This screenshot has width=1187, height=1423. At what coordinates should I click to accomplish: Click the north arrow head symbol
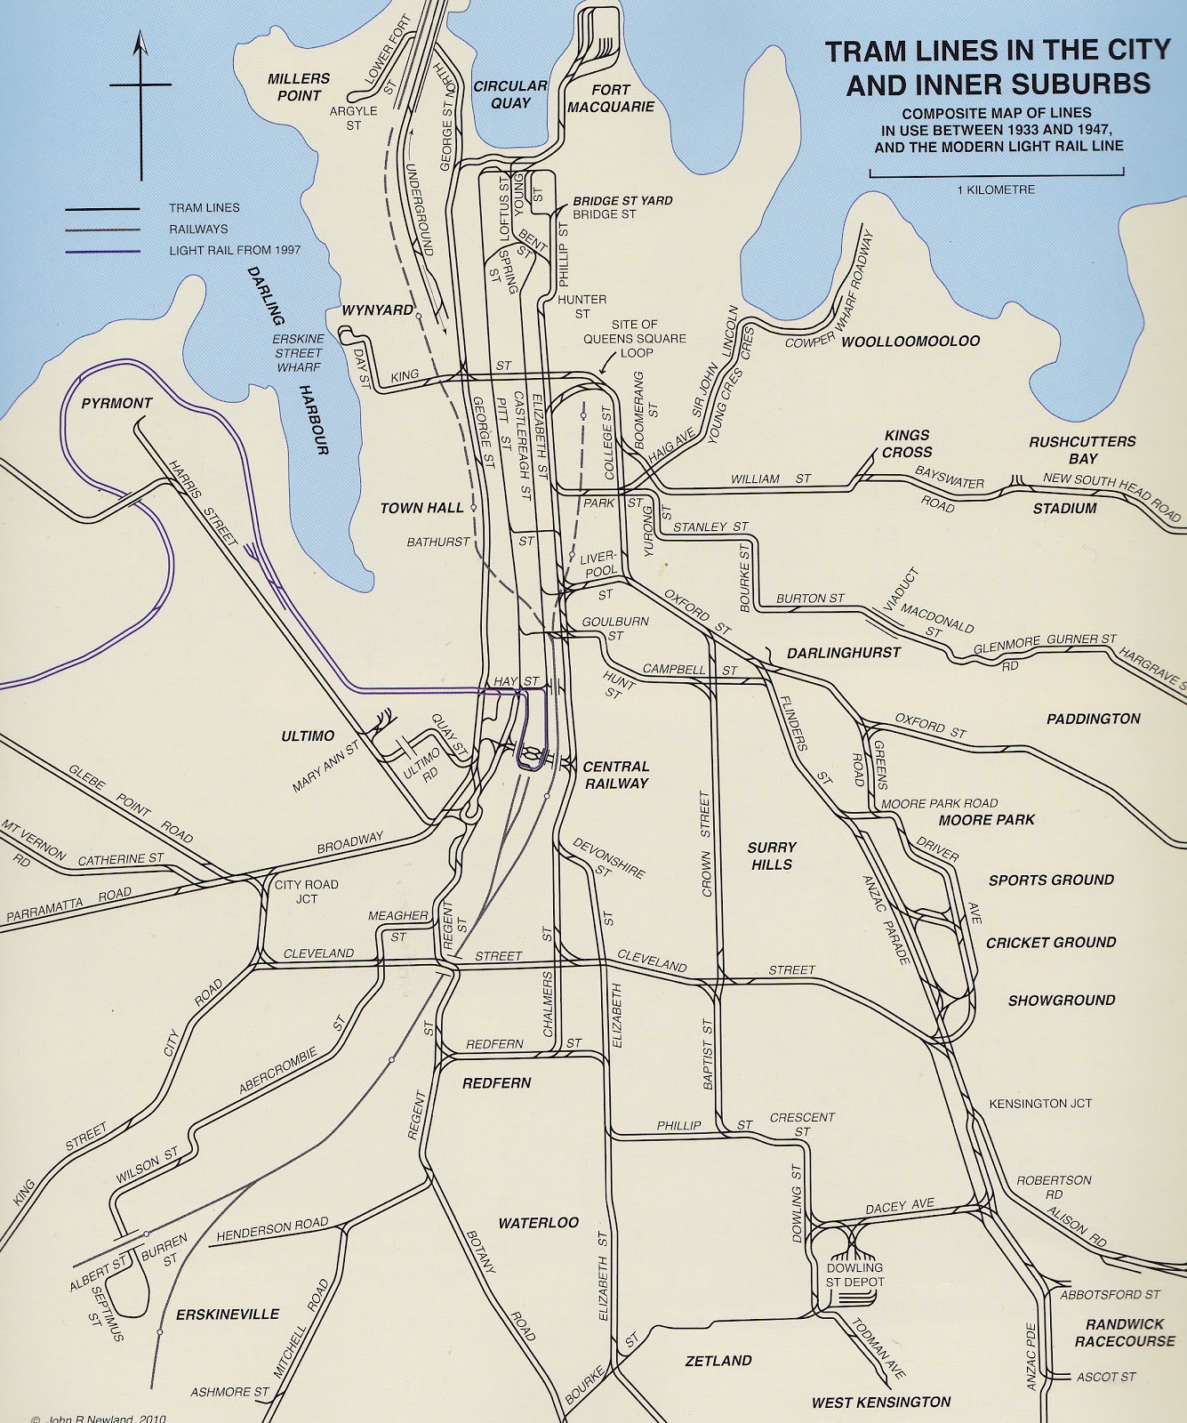click(140, 42)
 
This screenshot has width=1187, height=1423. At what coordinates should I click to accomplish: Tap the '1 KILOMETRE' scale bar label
click(996, 189)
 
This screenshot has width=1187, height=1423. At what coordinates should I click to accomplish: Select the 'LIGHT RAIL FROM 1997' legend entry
click(235, 251)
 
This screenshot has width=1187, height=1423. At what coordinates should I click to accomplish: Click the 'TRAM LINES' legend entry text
click(205, 208)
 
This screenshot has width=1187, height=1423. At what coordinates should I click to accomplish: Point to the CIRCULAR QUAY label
click(509, 94)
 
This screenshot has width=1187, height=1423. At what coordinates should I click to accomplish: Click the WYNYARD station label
click(378, 310)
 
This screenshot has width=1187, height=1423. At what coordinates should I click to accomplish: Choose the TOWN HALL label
click(422, 508)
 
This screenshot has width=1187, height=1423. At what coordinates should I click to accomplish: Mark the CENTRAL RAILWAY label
click(616, 775)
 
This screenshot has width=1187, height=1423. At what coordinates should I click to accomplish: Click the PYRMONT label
click(116, 403)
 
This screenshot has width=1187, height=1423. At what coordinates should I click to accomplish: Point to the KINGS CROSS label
click(907, 443)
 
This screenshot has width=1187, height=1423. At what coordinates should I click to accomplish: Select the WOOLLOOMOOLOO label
click(910, 342)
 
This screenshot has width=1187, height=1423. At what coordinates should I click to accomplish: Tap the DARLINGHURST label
click(844, 653)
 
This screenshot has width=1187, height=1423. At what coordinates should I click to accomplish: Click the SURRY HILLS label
click(771, 856)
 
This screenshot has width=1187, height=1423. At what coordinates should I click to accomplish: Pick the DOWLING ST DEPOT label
click(854, 1274)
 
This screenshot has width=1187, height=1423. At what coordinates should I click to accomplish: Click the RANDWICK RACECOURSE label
click(1125, 1332)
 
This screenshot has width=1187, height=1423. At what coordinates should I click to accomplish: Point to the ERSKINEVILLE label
click(228, 1314)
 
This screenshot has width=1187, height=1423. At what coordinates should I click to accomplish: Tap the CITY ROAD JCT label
click(307, 891)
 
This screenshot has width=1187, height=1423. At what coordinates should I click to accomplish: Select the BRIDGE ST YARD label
click(622, 201)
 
